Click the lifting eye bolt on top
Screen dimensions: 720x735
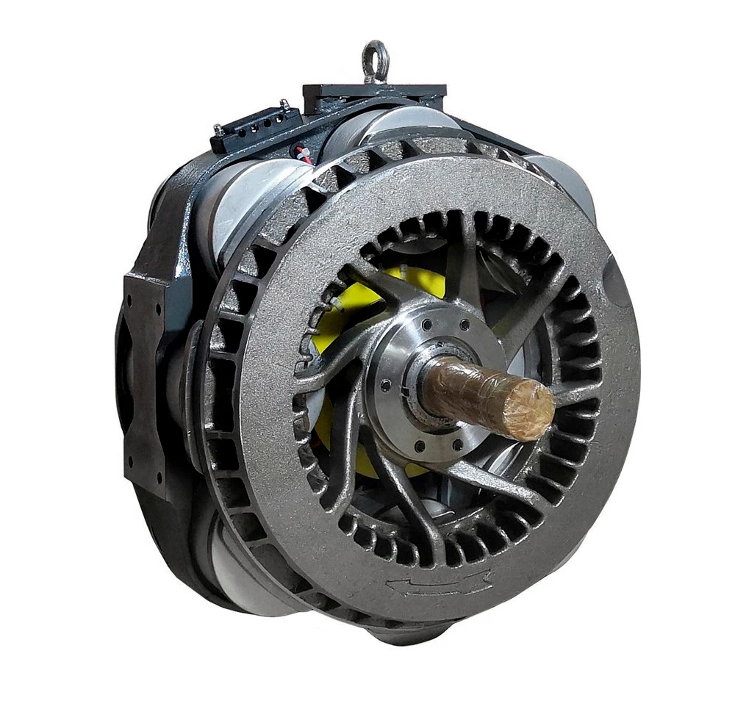tap(375, 60)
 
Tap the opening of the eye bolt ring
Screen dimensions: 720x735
tap(375, 53)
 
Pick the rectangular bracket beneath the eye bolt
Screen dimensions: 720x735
tap(375, 96)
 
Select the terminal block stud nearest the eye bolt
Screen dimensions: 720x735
tap(284, 105)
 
